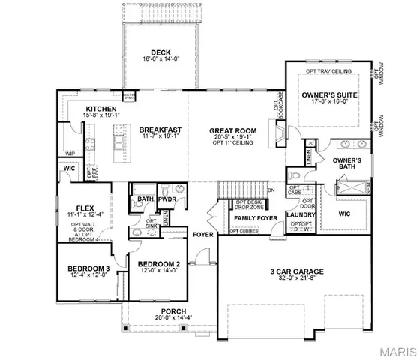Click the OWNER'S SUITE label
click(x=330, y=95)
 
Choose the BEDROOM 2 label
click(x=157, y=264)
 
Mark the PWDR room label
click(x=166, y=199)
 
